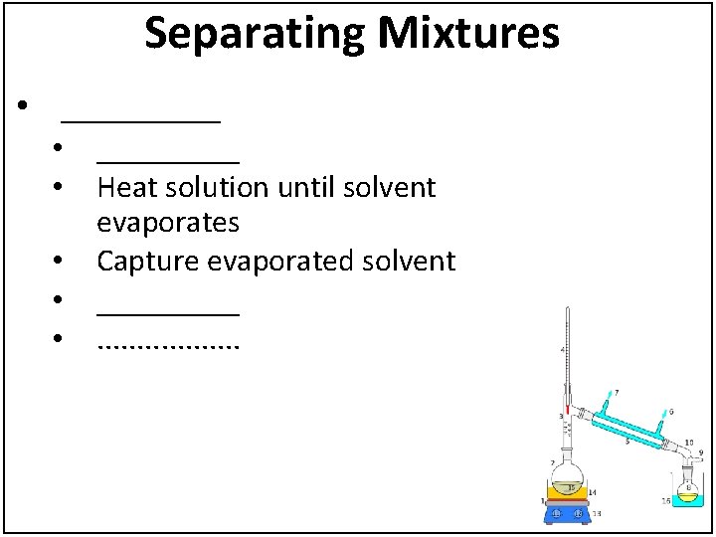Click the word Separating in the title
click(255, 34)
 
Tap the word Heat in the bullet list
click(125, 187)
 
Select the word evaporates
click(167, 223)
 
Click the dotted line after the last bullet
click(168, 345)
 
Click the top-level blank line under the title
click(140, 119)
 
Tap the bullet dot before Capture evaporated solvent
click(60, 262)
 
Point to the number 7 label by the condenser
click(616, 392)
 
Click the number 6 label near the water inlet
click(671, 411)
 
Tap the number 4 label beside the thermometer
click(562, 350)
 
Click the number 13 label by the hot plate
click(596, 513)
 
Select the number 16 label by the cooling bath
click(665, 501)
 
